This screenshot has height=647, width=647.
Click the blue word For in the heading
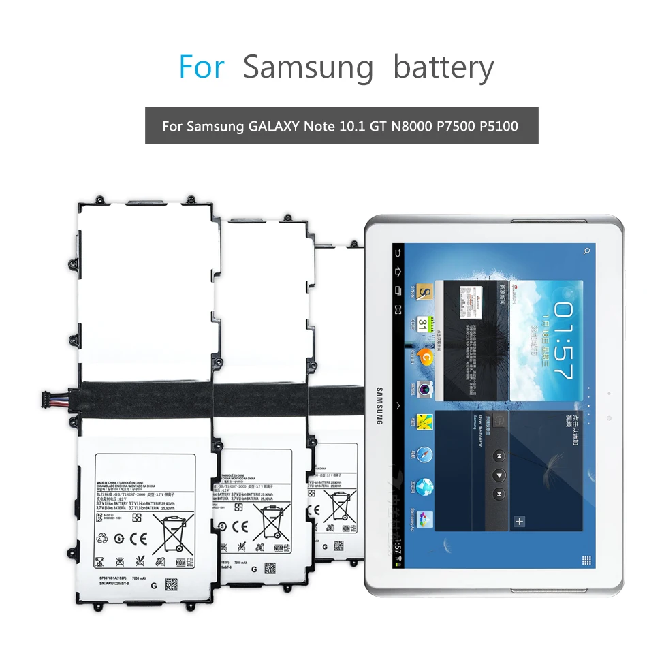tap(201, 67)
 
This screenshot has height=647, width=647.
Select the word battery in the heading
tap(443, 68)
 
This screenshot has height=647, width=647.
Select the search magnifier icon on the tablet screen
tap(586, 251)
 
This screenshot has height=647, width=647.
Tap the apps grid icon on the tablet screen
tap(586, 560)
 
